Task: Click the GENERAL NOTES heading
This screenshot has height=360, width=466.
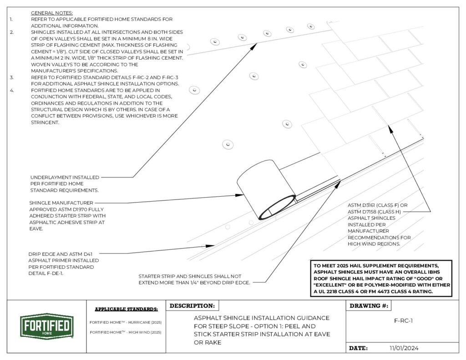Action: click(x=51, y=13)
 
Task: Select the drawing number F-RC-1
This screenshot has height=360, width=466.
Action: click(x=403, y=320)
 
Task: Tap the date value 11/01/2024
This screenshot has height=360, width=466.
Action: click(x=404, y=348)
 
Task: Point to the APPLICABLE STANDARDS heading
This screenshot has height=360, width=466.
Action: click(x=126, y=309)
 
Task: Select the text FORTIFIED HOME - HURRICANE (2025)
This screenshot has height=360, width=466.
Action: click(x=126, y=322)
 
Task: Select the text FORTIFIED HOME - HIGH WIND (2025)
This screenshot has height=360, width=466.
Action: click(x=126, y=332)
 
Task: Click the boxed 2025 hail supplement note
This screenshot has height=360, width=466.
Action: click(x=381, y=278)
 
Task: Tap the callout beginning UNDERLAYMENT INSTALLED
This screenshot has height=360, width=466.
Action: click(x=65, y=183)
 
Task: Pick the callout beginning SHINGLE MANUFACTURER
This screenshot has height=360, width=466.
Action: click(x=67, y=216)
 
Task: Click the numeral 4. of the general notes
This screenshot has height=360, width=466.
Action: click(x=12, y=90)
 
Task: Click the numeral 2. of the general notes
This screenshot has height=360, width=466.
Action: click(x=12, y=32)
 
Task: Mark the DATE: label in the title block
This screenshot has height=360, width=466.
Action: click(x=358, y=348)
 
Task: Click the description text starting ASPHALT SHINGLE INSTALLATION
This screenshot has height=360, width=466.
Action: click(x=262, y=330)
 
